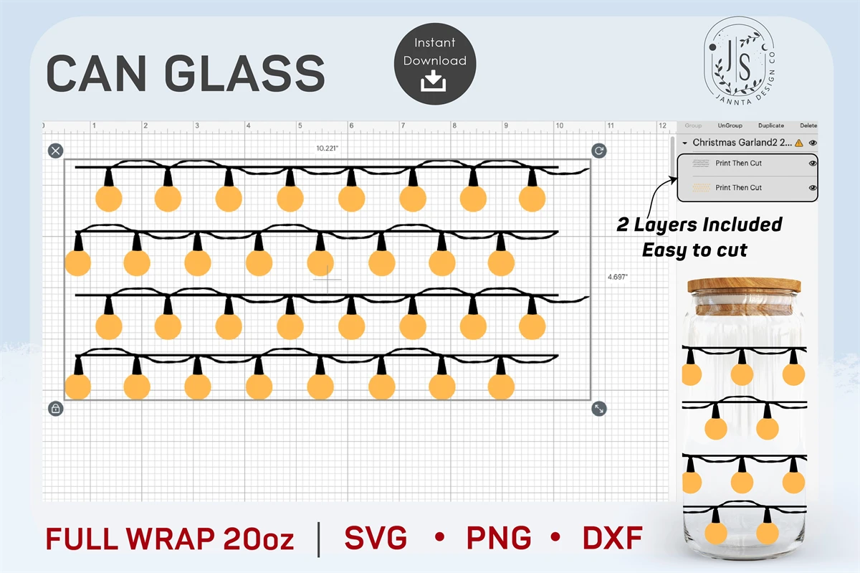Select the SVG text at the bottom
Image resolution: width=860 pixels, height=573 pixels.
pos(376,538)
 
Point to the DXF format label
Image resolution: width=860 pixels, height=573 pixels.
pos(612,538)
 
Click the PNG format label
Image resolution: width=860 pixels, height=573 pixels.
pos(499,538)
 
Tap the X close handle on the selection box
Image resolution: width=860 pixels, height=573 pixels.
pos(56,151)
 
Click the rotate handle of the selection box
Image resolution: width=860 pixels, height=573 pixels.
pos(599,151)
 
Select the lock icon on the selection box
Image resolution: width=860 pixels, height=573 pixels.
pos(56,409)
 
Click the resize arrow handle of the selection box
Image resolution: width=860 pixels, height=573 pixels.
pos(599,409)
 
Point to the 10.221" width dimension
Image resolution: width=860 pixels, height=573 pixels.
pos(327,148)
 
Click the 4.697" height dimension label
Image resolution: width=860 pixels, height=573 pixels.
pos(618,276)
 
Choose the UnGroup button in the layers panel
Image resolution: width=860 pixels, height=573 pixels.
pos(730,126)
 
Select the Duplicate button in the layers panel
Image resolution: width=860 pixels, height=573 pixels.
pos(771,126)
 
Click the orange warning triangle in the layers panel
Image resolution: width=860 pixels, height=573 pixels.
pos(798,143)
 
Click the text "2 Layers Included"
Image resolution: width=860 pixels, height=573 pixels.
pos(699,224)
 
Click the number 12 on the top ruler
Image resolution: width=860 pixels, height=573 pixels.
pos(662,126)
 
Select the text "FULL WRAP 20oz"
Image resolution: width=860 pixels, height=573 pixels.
pos(170,539)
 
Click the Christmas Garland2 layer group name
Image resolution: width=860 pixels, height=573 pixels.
pos(742,143)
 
